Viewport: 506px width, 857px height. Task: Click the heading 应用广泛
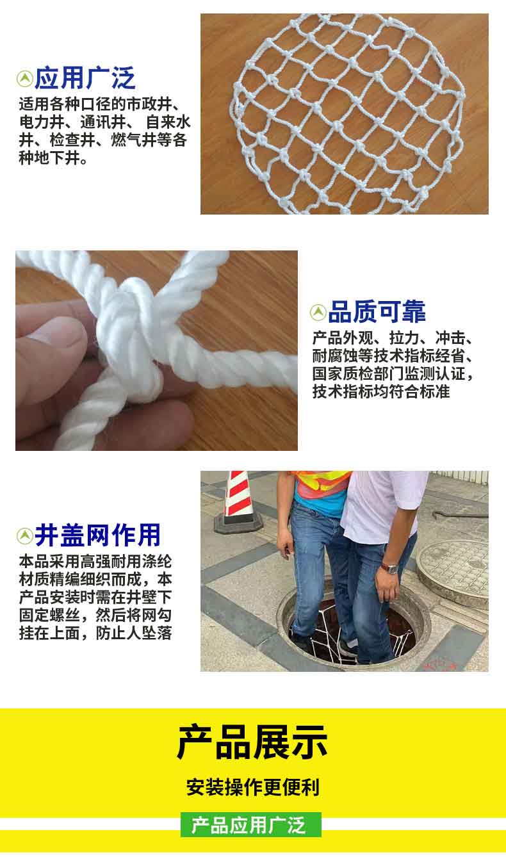point(85,78)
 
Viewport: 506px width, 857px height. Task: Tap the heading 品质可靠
point(377,312)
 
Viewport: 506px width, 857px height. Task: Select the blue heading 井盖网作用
point(97,535)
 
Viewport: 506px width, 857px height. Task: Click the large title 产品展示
point(252,742)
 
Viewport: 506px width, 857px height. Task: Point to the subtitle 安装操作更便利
point(253,787)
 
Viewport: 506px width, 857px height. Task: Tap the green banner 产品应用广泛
point(251,824)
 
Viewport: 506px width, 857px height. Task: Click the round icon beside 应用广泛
point(25,79)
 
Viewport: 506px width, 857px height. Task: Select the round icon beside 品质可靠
point(318,313)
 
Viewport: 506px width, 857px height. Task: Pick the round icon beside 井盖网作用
point(25,535)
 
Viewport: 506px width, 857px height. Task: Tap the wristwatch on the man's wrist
point(391,568)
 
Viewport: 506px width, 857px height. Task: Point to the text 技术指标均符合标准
point(381,391)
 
